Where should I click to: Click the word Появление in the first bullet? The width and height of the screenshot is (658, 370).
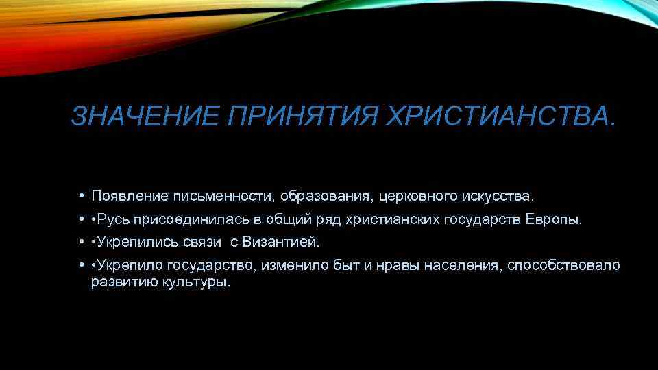130,197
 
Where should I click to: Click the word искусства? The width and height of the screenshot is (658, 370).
498,197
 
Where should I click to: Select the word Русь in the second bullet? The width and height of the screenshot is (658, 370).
116,220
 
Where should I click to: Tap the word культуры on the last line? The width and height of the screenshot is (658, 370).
198,282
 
